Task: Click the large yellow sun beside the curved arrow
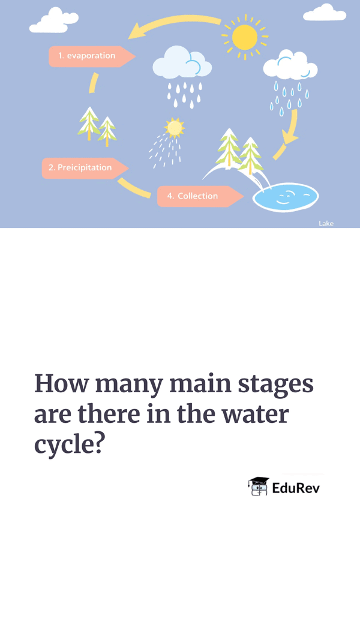pos(244,37)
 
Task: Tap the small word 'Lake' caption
pos(326,223)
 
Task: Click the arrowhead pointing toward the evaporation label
pos(137,31)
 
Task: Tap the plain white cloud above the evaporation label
pos(54,20)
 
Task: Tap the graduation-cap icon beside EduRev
pos(259,486)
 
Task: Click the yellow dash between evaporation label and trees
pos(94,83)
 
